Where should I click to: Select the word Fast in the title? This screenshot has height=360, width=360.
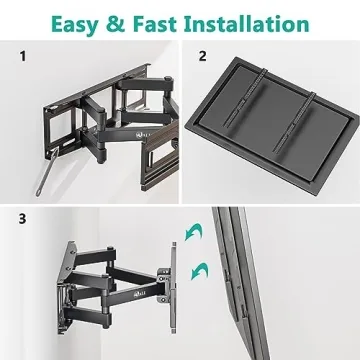coord(172,21)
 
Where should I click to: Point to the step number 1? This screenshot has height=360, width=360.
coord(22,57)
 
